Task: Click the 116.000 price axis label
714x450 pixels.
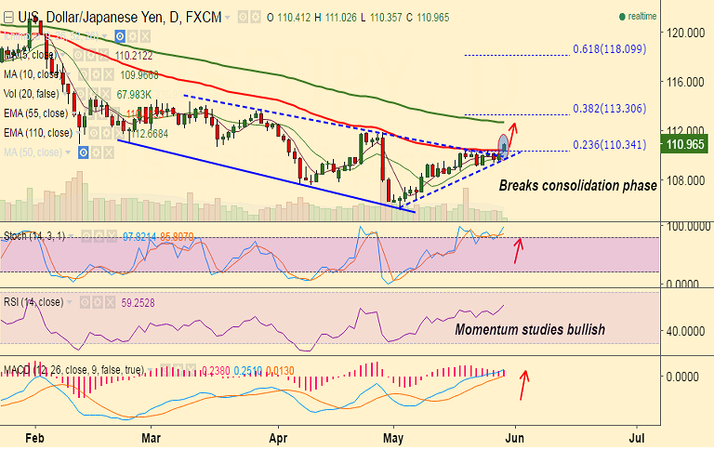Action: (x=684, y=82)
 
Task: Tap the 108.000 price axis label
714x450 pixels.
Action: (x=684, y=180)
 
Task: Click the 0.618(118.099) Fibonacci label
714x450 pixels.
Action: (x=609, y=49)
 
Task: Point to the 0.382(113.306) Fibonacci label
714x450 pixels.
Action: (x=609, y=108)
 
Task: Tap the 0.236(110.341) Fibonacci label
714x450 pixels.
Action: (x=609, y=144)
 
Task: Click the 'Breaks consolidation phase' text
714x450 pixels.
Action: (x=577, y=186)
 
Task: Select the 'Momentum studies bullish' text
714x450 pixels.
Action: (x=529, y=329)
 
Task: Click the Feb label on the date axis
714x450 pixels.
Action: (x=34, y=435)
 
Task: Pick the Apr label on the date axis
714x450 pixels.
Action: (x=277, y=435)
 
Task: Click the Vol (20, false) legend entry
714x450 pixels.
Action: (x=37, y=94)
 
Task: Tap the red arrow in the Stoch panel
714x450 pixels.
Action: (x=519, y=248)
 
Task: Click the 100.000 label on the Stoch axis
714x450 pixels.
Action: (x=684, y=226)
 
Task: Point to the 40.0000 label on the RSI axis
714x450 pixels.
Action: (x=684, y=331)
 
